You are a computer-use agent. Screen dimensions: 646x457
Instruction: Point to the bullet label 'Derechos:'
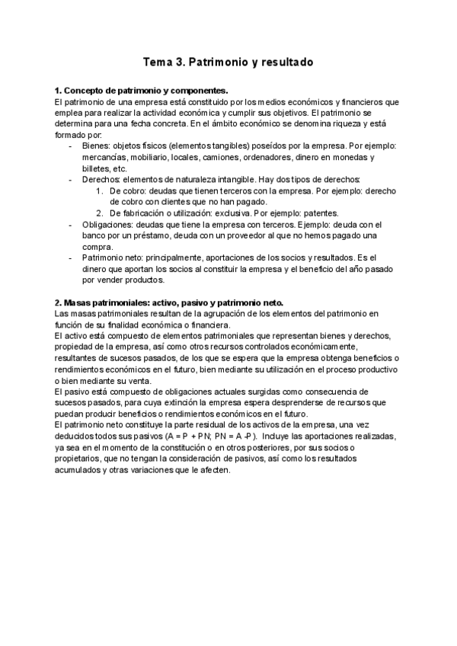point(101,180)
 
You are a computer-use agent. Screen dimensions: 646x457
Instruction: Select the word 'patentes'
point(320,213)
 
